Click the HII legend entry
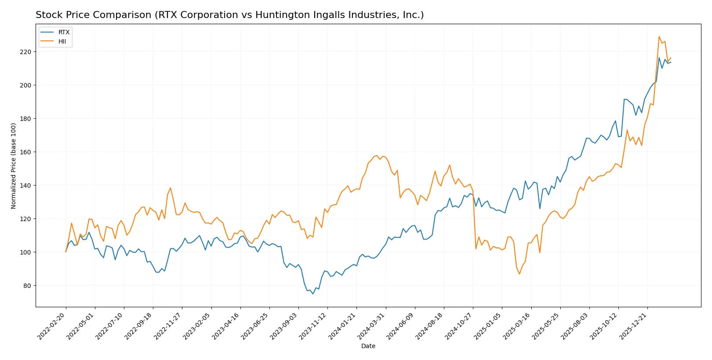(62, 41)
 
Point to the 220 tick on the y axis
(25, 52)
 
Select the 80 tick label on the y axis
(27, 286)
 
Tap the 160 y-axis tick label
(25, 152)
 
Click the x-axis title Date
(368, 346)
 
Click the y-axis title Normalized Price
(14, 166)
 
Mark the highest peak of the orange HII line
(659, 36)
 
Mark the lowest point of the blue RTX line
(313, 294)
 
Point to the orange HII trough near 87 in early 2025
(519, 274)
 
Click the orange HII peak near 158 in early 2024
(377, 155)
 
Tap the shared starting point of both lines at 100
(66, 252)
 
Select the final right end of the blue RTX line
(671, 62)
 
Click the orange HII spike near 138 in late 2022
(170, 188)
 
